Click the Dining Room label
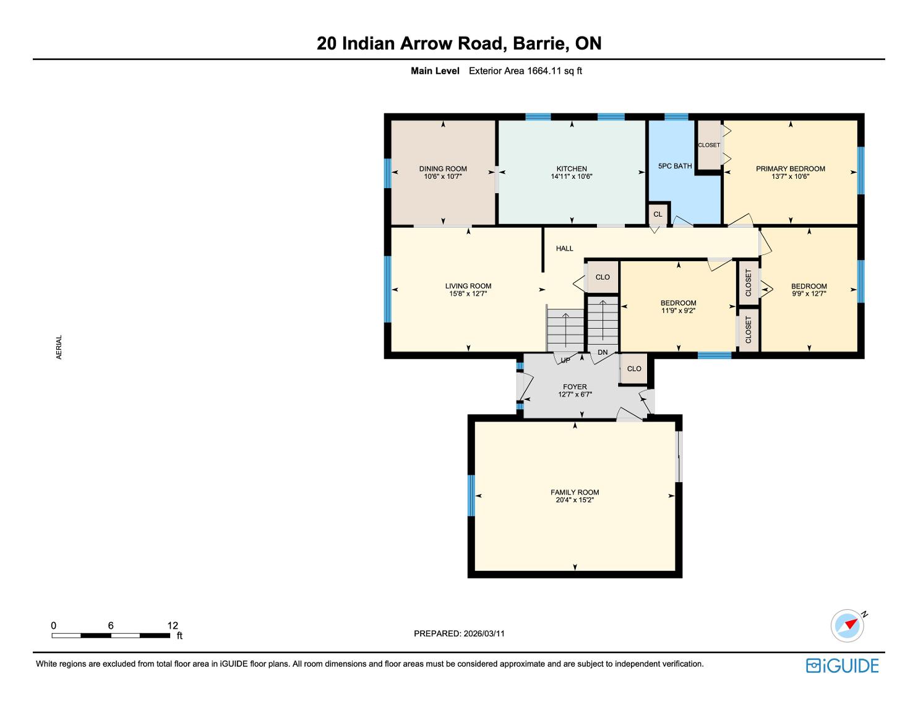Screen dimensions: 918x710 (x=443, y=168)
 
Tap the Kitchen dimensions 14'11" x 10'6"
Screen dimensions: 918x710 (x=571, y=176)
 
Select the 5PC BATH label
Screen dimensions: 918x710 (x=675, y=166)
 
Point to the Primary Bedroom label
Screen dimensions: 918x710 (x=790, y=168)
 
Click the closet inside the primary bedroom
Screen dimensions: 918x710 (x=708, y=145)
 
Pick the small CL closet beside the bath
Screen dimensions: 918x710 (x=658, y=214)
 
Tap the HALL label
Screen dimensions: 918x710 (x=564, y=248)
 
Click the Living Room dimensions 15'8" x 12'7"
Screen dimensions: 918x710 (x=468, y=294)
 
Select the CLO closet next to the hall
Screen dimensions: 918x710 (x=603, y=277)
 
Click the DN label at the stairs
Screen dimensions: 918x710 (x=603, y=352)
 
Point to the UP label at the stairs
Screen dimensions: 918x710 (x=565, y=360)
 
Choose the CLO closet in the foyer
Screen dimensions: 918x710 (x=633, y=368)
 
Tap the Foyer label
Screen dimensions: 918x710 (x=575, y=387)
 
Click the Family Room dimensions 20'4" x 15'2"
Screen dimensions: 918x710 (x=575, y=500)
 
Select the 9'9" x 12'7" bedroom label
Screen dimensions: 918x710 (x=809, y=290)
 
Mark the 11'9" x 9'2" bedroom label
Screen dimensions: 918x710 (x=678, y=307)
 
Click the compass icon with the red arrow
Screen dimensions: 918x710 (x=847, y=625)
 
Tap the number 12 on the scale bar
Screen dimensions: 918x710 (x=173, y=625)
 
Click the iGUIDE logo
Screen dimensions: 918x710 (x=842, y=665)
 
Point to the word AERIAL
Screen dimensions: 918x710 (x=59, y=347)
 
